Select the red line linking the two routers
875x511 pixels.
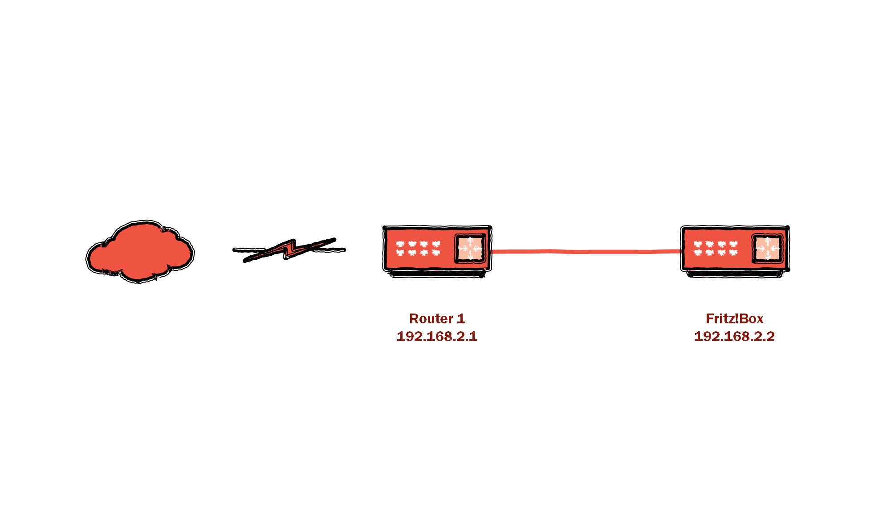[x=586, y=252]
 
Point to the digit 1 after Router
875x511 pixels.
[x=461, y=318]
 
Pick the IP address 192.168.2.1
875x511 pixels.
[x=437, y=336]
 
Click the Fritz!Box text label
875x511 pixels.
[x=734, y=318]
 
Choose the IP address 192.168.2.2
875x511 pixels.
[x=734, y=336]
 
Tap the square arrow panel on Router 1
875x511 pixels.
[x=470, y=248]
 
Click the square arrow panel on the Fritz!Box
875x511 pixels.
[x=767, y=248]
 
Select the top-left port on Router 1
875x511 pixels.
[x=400, y=244]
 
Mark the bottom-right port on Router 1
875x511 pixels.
[x=435, y=253]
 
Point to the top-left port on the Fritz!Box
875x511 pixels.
[x=698, y=244]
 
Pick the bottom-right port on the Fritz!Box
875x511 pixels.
[x=733, y=253]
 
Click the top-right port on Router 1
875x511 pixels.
[x=435, y=244]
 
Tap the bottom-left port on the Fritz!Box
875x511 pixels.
[x=698, y=253]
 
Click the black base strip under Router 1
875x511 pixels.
[x=437, y=274]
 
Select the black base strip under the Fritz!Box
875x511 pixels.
[x=735, y=274]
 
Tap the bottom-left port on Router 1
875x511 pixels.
[x=400, y=253]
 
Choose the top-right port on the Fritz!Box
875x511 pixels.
[x=733, y=244]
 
